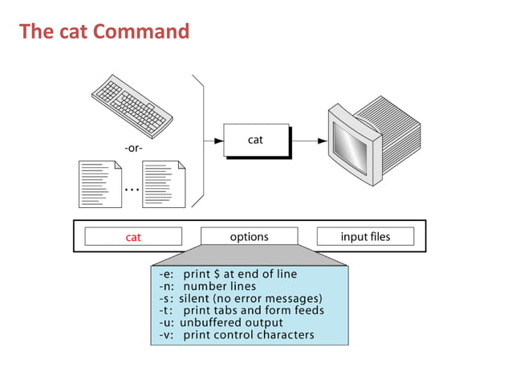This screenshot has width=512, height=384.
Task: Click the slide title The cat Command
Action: click(104, 32)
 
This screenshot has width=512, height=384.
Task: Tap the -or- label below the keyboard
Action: click(133, 147)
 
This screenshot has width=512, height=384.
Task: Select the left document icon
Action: click(100, 184)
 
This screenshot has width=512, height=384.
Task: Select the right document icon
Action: click(164, 184)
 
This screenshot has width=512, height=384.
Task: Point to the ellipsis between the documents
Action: click(132, 190)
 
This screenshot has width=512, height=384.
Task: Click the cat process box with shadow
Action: click(254, 140)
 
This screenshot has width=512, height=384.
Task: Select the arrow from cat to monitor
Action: click(309, 141)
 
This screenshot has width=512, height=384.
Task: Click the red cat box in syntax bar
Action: click(133, 237)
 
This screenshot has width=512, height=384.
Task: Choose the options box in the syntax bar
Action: click(249, 236)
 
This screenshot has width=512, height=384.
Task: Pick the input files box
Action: click(365, 236)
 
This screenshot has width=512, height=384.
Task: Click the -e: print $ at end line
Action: click(228, 274)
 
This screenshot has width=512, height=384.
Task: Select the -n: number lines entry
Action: click(208, 286)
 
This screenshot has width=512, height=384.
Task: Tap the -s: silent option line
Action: click(240, 298)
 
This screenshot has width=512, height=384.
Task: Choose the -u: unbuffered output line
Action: click(221, 322)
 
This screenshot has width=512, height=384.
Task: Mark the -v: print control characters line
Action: click(237, 334)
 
